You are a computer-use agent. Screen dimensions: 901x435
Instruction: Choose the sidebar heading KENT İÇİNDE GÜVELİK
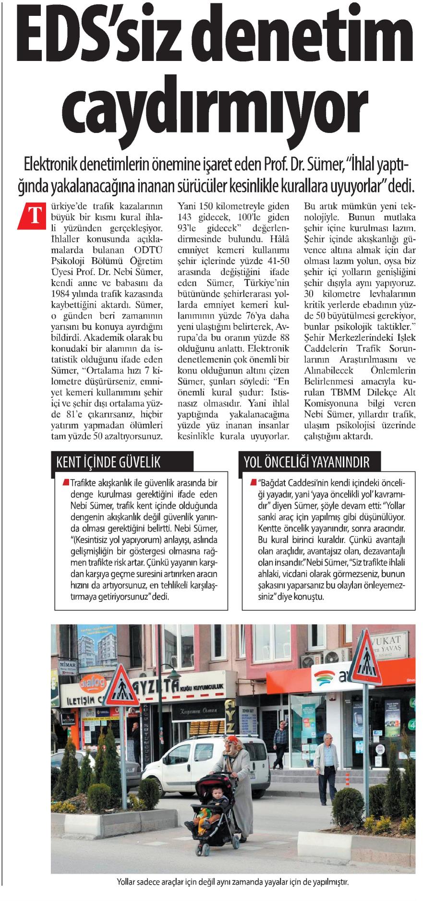click(109, 462)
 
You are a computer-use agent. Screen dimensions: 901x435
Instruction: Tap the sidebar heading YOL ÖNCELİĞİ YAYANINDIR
click(307, 462)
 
